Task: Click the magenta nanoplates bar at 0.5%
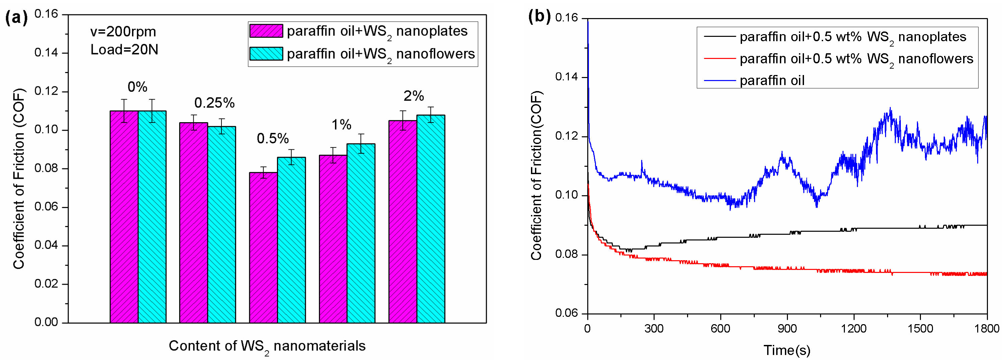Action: click(263, 248)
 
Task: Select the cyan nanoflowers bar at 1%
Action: click(361, 233)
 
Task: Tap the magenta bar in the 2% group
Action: click(403, 222)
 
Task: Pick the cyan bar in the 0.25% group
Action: click(221, 225)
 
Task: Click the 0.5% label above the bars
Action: click(273, 138)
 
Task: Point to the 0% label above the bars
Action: click(137, 87)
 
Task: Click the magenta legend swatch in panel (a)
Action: click(266, 31)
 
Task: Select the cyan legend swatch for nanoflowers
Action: click(266, 54)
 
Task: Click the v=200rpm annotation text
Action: click(123, 31)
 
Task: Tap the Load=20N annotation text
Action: click(124, 50)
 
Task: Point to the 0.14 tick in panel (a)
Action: click(46, 53)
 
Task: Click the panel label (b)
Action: click(539, 16)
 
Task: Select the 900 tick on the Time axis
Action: click(787, 329)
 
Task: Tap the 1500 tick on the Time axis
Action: click(920, 329)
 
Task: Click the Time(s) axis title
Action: click(787, 350)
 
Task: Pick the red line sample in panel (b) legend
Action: click(720, 59)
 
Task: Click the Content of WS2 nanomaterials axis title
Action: click(267, 346)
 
